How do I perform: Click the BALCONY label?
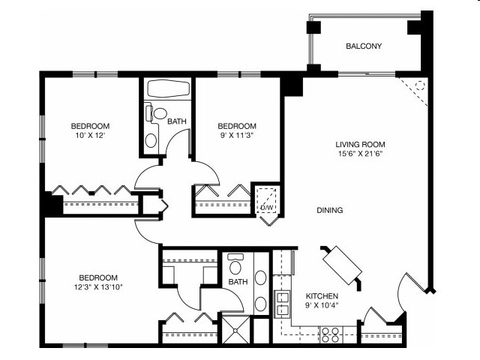(364, 46)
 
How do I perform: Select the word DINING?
(329, 211)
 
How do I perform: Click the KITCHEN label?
(321, 296)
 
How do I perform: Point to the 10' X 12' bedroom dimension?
(90, 136)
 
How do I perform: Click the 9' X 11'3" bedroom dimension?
(237, 136)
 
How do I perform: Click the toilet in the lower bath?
(235, 266)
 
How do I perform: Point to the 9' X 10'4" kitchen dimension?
(321, 307)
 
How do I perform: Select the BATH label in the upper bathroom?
(177, 121)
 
